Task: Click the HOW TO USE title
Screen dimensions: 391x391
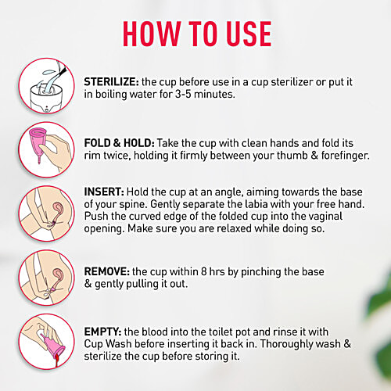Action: [196, 33]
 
